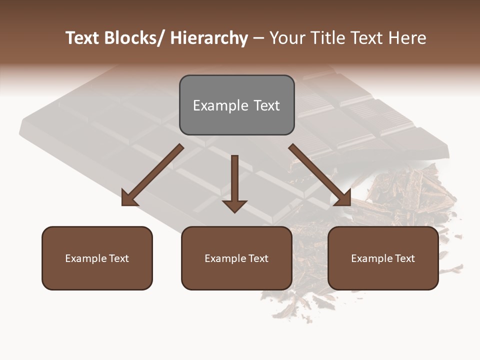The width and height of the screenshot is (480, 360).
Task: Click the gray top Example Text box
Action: coord(236,105)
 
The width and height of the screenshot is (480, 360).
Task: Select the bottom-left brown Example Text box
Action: coord(97,258)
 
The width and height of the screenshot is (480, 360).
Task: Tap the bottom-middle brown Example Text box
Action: coord(236,258)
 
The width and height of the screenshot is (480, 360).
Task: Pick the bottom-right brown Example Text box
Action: coord(383,258)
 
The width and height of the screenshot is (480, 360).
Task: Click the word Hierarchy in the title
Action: coord(209,38)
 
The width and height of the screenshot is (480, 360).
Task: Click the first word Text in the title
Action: coord(83,38)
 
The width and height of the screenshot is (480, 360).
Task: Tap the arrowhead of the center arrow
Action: coord(234,206)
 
